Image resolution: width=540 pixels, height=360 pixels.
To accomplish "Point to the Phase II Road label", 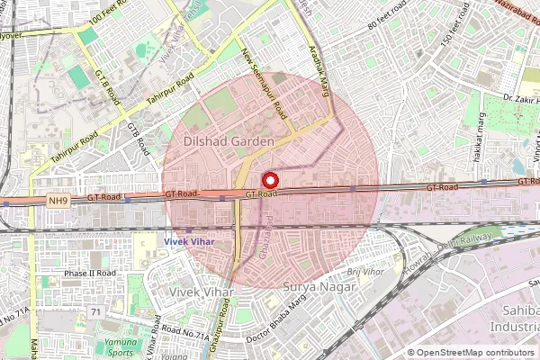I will (x=89, y=273).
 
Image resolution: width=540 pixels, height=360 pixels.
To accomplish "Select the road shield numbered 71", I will (x=95, y=311).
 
